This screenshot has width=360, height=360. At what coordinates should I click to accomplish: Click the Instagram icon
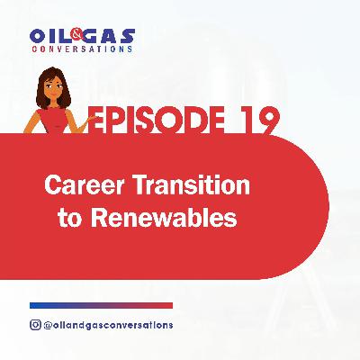(36, 324)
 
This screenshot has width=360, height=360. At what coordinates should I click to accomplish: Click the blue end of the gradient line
(40, 305)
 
